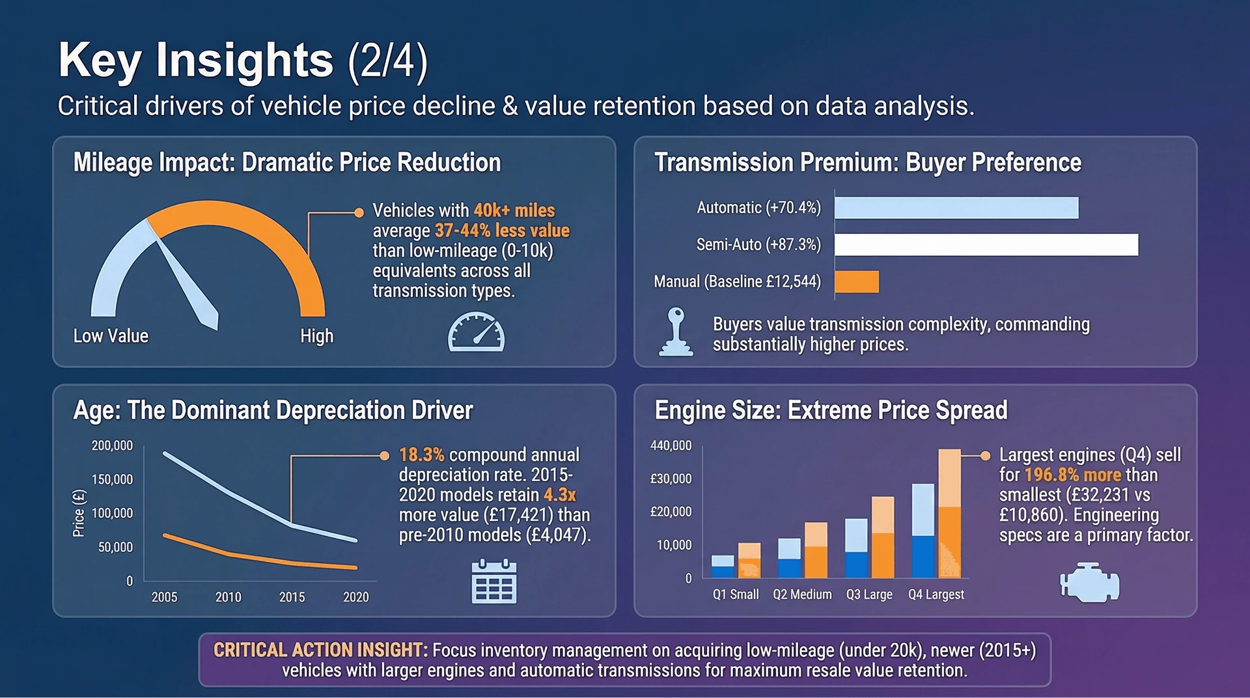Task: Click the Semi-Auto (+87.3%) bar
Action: [986, 245]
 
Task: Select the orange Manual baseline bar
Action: [857, 282]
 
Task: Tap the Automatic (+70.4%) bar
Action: [956, 208]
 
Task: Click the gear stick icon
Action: [676, 331]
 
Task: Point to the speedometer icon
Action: [476, 332]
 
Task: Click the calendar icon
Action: [494, 581]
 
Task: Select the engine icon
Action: [1090, 583]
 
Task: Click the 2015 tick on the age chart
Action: [292, 597]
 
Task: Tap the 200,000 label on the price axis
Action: [112, 446]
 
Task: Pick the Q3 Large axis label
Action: [869, 594]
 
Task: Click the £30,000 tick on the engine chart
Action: [671, 479]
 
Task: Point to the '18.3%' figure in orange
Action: [422, 454]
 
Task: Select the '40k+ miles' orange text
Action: [514, 210]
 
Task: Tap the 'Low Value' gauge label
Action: [111, 336]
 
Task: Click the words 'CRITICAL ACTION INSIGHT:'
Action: [320, 650]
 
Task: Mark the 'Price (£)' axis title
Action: [79, 513]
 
